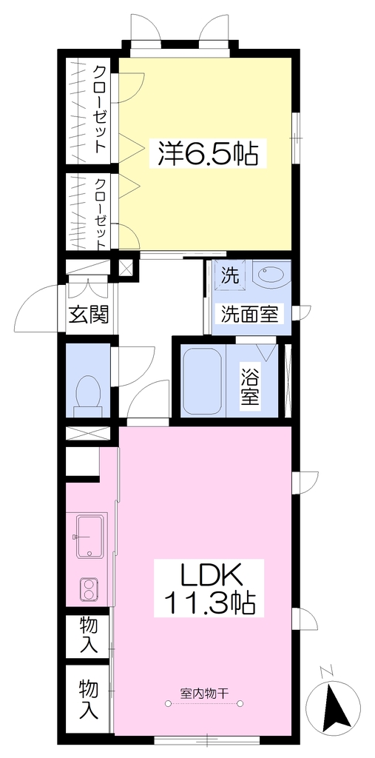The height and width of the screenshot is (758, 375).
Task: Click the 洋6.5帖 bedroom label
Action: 207,152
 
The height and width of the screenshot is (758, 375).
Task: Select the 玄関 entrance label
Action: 89,315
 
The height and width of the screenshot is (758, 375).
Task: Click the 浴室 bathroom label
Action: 250,386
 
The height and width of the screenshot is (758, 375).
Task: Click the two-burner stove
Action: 89,588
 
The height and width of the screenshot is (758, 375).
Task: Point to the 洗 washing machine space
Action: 230,275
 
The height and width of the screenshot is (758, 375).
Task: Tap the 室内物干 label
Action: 203,693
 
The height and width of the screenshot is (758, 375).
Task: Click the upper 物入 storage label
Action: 89,634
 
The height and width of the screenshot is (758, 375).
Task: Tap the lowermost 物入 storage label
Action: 89,698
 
